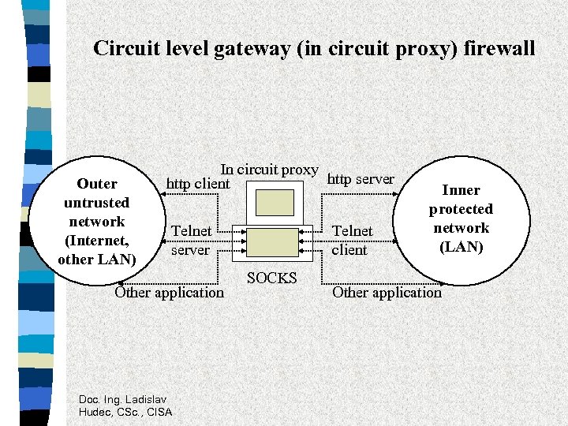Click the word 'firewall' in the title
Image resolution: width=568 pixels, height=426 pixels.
(499, 48)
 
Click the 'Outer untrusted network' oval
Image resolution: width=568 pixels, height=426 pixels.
(97, 222)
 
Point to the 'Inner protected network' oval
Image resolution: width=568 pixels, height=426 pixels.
(461, 219)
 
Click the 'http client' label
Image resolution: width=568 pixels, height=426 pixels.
(197, 185)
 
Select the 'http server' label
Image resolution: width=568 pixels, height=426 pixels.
(360, 179)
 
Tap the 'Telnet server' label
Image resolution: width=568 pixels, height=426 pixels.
(191, 240)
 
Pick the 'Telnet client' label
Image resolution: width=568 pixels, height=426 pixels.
(352, 240)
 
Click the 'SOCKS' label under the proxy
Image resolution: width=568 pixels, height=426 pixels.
(271, 278)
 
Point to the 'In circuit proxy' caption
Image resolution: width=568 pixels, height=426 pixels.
(268, 170)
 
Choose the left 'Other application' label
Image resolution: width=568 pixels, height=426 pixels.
(169, 293)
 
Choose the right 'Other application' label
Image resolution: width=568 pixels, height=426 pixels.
(387, 293)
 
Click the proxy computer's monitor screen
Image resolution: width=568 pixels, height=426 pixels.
(273, 203)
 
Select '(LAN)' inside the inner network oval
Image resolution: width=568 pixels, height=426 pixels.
(461, 247)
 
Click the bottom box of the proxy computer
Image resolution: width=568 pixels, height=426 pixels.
(272, 241)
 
